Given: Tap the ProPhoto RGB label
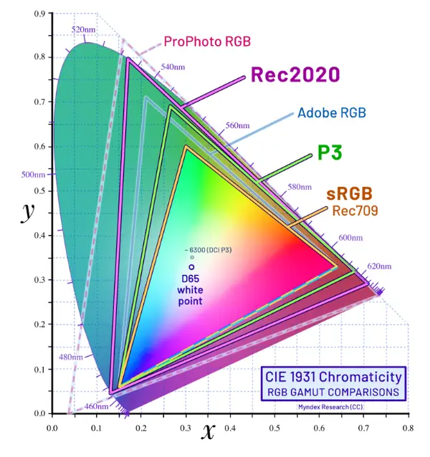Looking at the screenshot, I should [207, 42].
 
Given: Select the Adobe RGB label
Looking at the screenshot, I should [331, 112].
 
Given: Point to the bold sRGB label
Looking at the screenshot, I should [352, 194].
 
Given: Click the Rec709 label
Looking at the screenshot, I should [355, 211].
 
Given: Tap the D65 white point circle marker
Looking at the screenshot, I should [192, 267].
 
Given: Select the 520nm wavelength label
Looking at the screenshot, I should [83, 29].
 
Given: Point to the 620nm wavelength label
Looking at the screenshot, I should [381, 266].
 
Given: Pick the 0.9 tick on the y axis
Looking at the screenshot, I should [42, 14].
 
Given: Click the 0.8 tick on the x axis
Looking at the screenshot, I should [407, 428].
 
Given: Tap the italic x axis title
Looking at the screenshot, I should [208, 431].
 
